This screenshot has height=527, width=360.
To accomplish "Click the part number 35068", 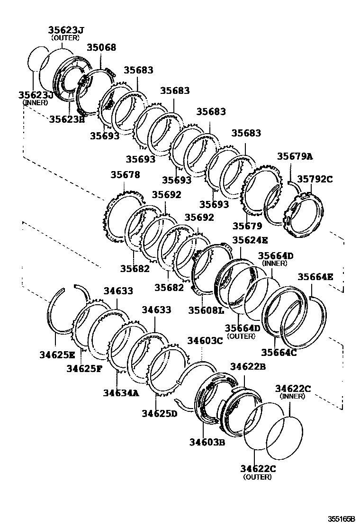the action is pyautogui.click(x=101, y=47).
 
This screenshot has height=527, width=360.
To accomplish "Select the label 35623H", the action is pyautogui.click(x=66, y=119).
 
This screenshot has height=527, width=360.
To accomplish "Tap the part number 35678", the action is pyautogui.click(x=125, y=175).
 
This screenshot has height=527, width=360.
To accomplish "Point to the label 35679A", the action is pyautogui.click(x=295, y=156).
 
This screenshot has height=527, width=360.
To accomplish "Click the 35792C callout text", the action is pyautogui.click(x=315, y=179).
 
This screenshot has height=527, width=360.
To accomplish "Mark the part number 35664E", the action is pyautogui.click(x=315, y=277).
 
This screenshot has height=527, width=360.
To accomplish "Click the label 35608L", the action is pyautogui.click(x=206, y=310).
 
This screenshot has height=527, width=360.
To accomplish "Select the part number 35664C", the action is pyautogui.click(x=279, y=352).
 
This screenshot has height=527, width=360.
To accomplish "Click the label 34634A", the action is pyautogui.click(x=121, y=392).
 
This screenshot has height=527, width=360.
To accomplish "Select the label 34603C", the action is pyautogui.click(x=205, y=340).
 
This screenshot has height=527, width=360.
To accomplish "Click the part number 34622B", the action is pyautogui.click(x=248, y=366).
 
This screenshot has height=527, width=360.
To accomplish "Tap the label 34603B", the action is pyautogui.click(x=207, y=443).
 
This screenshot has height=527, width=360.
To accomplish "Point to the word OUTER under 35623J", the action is pyautogui.click(x=65, y=38).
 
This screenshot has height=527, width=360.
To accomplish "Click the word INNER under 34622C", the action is pyautogui.click(x=292, y=396).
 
